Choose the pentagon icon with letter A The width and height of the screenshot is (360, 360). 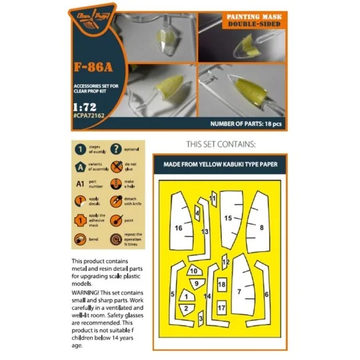click(79, 167)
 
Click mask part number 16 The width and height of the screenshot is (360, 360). click(179, 228)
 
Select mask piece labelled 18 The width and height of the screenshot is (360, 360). click(222, 285)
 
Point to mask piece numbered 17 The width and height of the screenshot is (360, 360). click(221, 307)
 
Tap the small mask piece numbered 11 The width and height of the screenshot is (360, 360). click(213, 198)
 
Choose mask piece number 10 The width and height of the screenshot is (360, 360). click(193, 271)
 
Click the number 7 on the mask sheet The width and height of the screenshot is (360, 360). click(239, 291)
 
